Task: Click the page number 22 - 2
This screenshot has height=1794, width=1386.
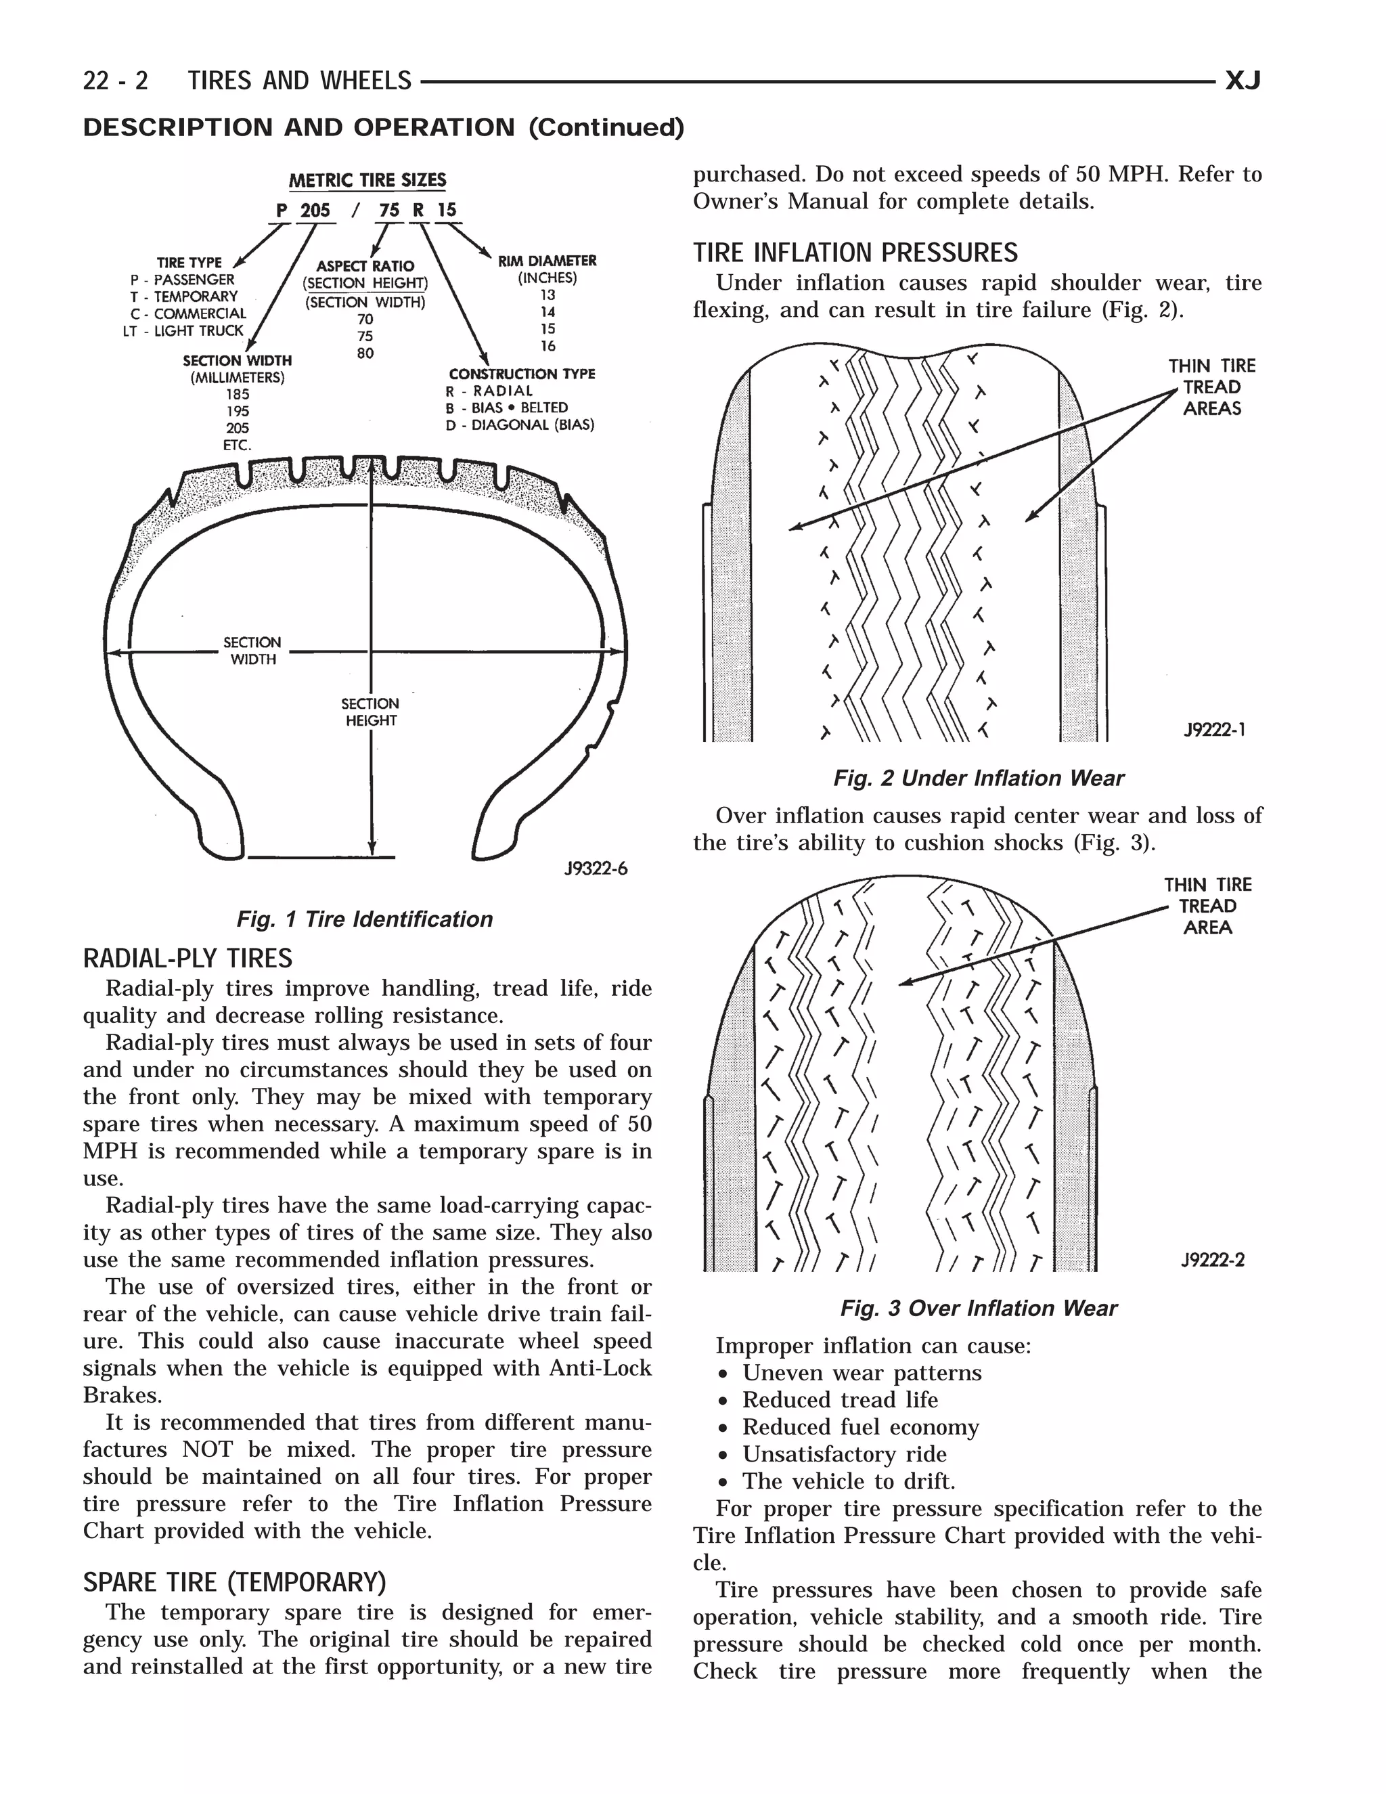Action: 115,81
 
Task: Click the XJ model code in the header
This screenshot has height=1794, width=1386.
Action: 1243,81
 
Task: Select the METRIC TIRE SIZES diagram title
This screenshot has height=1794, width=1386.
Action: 367,180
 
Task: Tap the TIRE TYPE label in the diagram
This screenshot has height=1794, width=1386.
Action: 189,263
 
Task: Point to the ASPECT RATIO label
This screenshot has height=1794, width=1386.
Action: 365,266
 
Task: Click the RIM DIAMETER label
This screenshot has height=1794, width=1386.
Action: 547,261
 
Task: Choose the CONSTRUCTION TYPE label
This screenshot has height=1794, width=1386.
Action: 521,374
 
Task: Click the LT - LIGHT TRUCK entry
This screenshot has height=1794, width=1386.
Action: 183,331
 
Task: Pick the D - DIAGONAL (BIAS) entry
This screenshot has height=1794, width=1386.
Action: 520,424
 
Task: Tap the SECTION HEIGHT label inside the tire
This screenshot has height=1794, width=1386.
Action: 370,712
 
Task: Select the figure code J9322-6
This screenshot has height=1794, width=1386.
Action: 596,869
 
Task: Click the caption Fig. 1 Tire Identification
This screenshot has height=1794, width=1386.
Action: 365,919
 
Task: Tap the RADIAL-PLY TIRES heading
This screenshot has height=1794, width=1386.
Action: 187,959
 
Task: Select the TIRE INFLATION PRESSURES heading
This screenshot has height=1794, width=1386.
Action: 855,253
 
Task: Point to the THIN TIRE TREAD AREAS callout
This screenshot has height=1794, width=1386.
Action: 1212,387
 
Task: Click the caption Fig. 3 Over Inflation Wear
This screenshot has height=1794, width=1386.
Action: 978,1308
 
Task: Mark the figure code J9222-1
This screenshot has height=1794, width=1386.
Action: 1214,728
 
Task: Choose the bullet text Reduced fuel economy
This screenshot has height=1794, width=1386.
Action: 861,1427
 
